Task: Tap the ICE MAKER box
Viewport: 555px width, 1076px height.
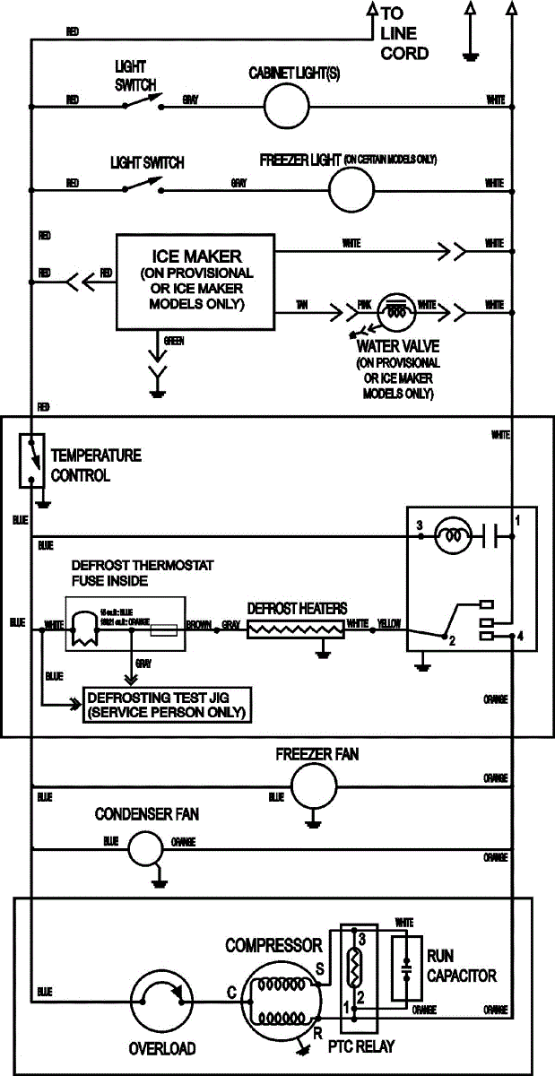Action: point(196,282)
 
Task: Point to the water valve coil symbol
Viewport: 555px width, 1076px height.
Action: point(395,309)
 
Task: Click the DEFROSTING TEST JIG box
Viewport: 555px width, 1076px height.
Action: point(166,706)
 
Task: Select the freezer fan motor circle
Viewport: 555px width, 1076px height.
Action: point(314,786)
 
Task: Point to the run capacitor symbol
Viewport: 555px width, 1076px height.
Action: point(408,968)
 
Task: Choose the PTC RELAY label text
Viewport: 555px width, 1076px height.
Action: point(362,1046)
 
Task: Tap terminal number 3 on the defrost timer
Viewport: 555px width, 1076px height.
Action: point(419,524)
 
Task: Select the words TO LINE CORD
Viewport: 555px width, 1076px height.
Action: point(403,33)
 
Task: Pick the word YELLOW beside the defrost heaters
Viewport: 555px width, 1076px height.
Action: point(390,622)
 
